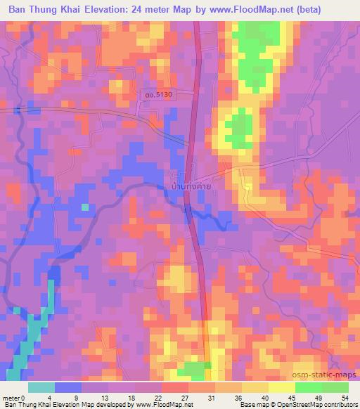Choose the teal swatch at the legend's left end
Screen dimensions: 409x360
(41, 387)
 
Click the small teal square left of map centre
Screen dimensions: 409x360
(85, 207)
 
